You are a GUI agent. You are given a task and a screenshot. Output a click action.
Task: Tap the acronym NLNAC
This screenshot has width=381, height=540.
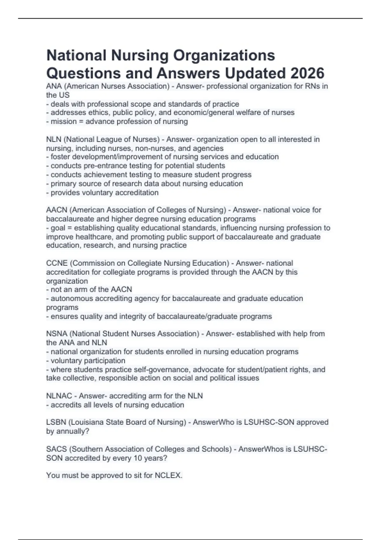(59, 396)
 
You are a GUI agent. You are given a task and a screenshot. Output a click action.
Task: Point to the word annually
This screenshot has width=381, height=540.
(73, 431)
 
